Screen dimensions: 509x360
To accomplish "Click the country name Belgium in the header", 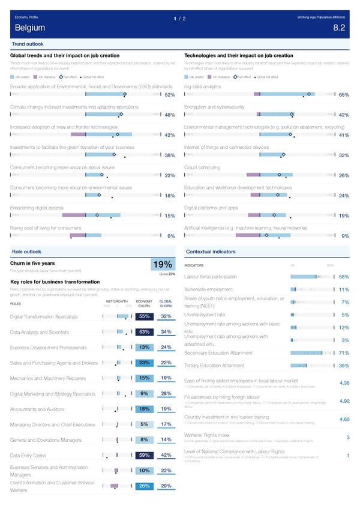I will (x=28, y=28).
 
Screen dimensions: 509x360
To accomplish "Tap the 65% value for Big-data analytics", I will (x=344, y=95).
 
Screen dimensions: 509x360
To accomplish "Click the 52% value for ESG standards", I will (x=169, y=95).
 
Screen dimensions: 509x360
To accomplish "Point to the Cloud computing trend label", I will (x=203, y=167).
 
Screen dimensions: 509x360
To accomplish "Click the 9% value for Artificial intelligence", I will (x=345, y=236).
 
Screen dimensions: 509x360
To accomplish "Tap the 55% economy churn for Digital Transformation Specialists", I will (x=144, y=317).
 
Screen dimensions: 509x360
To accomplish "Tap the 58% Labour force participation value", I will (x=344, y=277).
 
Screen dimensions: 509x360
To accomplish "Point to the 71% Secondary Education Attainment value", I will (x=344, y=353).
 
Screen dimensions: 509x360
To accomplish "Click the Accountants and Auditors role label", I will (x=37, y=410).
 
